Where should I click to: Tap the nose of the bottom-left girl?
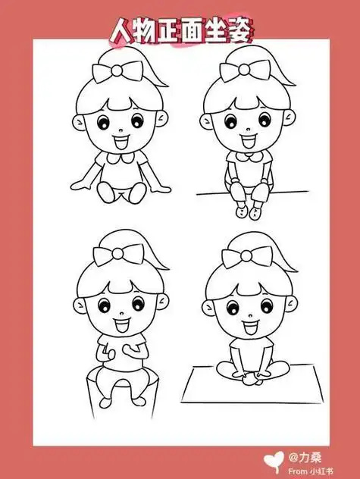117,315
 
